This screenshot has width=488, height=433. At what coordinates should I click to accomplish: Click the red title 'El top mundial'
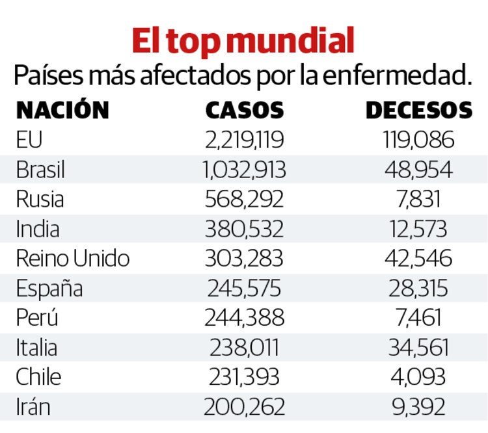243,40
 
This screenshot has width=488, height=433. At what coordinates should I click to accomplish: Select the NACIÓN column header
62,110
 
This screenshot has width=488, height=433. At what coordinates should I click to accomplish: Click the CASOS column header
245,110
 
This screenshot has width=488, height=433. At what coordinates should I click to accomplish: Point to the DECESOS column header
418,110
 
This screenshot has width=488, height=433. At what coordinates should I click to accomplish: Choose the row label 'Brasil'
40,170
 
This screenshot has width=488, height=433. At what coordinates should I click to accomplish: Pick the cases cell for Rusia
245,199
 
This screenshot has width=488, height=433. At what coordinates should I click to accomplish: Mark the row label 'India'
38,229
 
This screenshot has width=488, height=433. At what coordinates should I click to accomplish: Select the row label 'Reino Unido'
73,258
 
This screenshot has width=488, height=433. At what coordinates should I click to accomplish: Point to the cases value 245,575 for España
245,288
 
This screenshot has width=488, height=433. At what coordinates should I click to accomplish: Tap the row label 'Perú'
37,318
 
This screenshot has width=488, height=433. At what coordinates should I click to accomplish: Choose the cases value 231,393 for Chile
245,377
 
